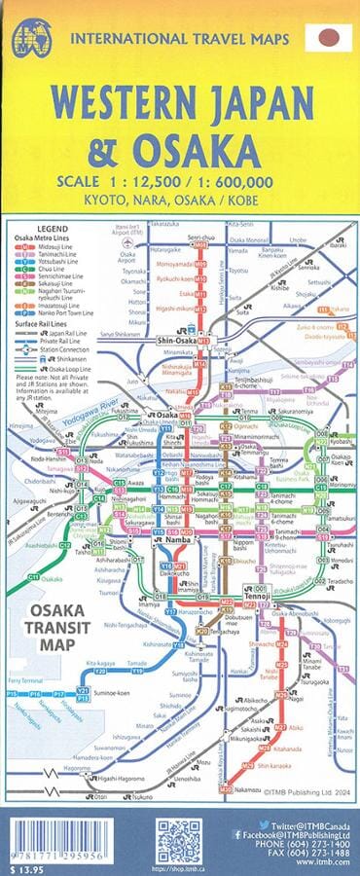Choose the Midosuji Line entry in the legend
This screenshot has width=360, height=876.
54,247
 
